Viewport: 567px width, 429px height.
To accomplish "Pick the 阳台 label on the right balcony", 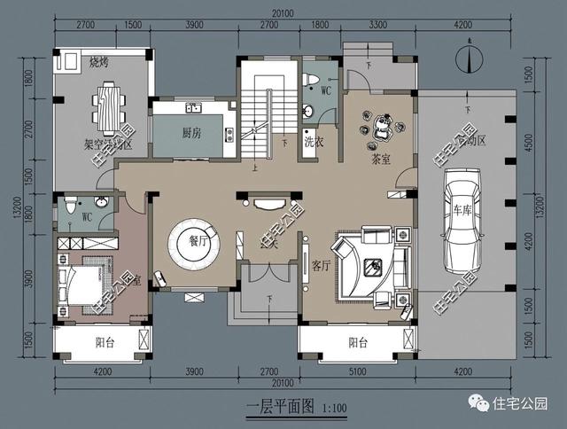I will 358,342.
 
